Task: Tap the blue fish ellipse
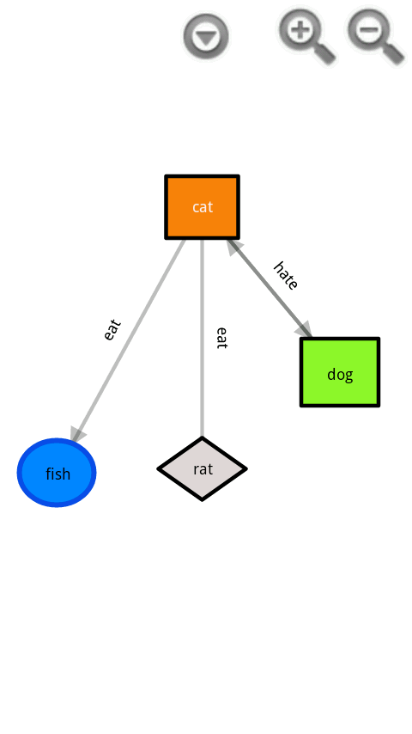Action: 57,473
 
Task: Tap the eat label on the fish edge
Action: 112,330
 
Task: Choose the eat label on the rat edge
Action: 221,337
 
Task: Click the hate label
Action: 286,275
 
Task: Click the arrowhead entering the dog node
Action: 304,330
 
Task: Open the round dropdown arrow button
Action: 206,37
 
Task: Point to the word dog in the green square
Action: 340,375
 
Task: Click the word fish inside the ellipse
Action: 58,474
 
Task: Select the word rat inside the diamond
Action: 203,469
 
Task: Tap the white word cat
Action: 203,207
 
